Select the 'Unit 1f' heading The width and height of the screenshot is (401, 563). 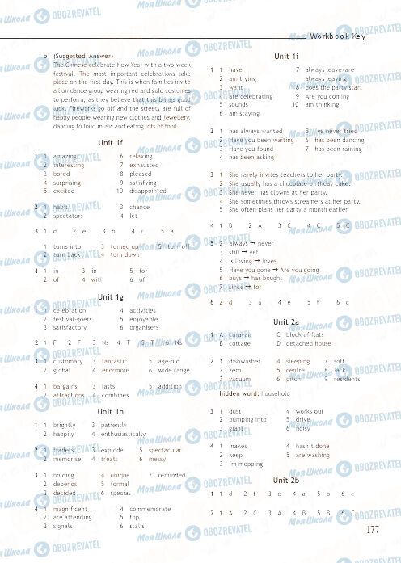point(109,142)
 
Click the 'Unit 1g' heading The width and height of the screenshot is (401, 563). point(109,296)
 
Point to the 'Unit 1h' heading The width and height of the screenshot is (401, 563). point(109,412)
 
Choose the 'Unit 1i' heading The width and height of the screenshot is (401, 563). point(286,55)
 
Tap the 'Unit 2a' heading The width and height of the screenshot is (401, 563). point(286,321)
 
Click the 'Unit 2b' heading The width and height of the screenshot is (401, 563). point(286,480)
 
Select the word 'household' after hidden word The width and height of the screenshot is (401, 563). point(276,393)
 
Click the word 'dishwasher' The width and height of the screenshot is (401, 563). point(245,361)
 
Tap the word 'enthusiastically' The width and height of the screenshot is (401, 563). point(124,434)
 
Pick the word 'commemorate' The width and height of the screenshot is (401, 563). point(150,509)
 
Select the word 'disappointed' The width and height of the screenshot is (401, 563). point(147,191)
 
